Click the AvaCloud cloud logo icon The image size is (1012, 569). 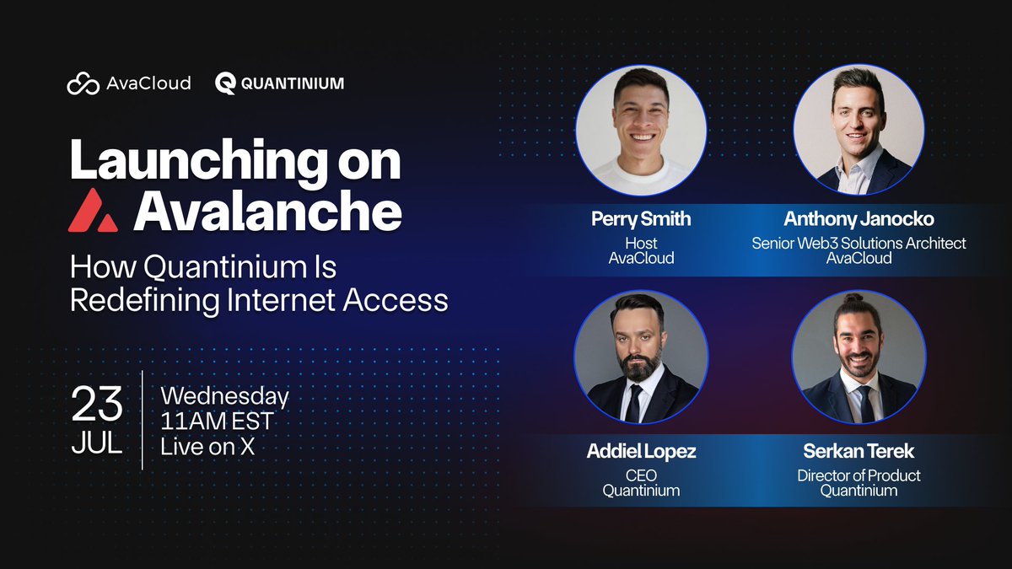click(83, 83)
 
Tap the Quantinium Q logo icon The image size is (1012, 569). click(225, 83)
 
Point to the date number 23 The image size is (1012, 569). click(97, 403)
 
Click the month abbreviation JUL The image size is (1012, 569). click(97, 443)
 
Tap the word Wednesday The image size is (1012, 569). click(224, 397)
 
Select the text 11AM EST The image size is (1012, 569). click(217, 421)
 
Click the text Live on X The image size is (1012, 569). click(207, 447)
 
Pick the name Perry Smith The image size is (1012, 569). click(641, 219)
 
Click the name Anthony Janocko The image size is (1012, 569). click(859, 219)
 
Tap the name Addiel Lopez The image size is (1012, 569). click(641, 451)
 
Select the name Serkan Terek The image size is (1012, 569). click(859, 451)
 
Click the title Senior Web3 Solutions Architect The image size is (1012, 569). click(859, 244)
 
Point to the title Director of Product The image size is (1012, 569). click(859, 475)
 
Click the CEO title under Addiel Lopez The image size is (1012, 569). click(641, 475)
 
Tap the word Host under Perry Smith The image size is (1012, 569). click(641, 244)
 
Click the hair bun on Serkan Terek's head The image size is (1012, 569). click(853, 298)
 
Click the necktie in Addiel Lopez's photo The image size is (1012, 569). click(634, 403)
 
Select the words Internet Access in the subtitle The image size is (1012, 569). click(337, 300)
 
